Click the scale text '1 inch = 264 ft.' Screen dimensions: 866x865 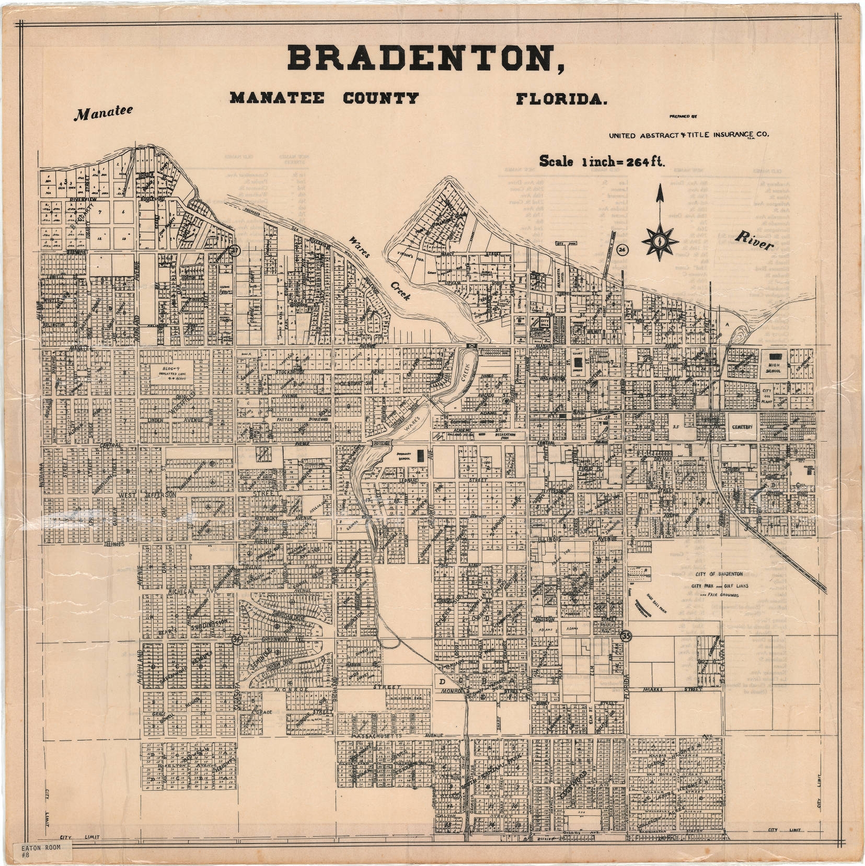coord(602,161)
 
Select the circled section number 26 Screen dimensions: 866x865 coord(622,249)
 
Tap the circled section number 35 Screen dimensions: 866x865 coord(626,636)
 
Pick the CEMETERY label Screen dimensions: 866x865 coord(742,427)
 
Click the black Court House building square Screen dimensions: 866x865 coord(578,361)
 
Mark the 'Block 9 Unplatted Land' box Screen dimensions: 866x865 coord(175,374)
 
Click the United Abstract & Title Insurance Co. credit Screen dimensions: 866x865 coord(688,135)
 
